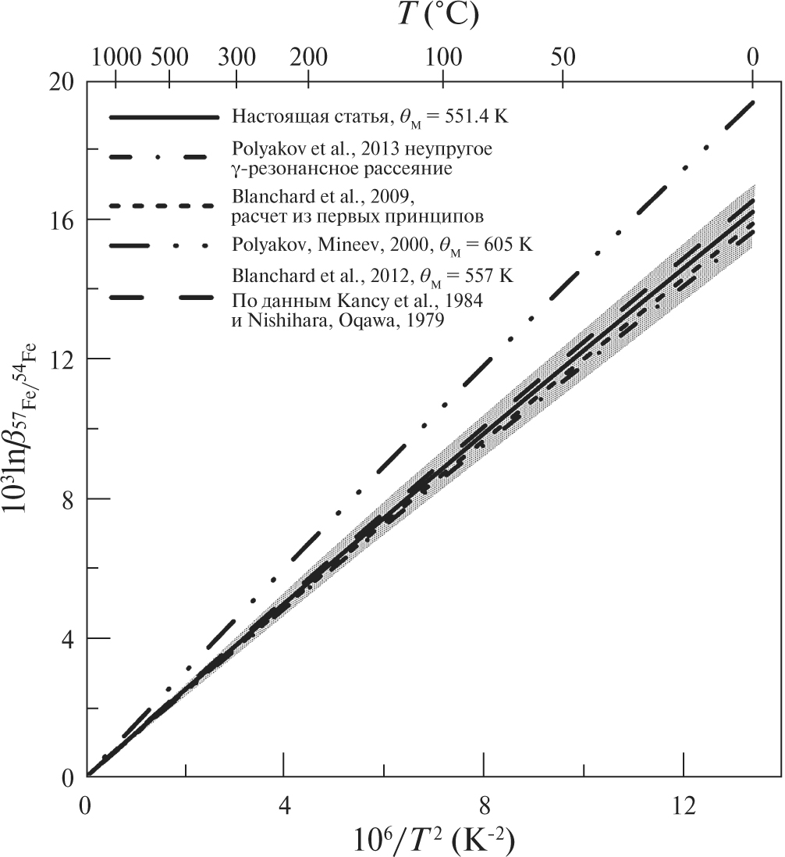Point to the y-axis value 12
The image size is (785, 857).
(x=64, y=359)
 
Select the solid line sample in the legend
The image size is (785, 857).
(x=162, y=117)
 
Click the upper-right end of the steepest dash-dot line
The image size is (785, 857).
(x=752, y=102)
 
